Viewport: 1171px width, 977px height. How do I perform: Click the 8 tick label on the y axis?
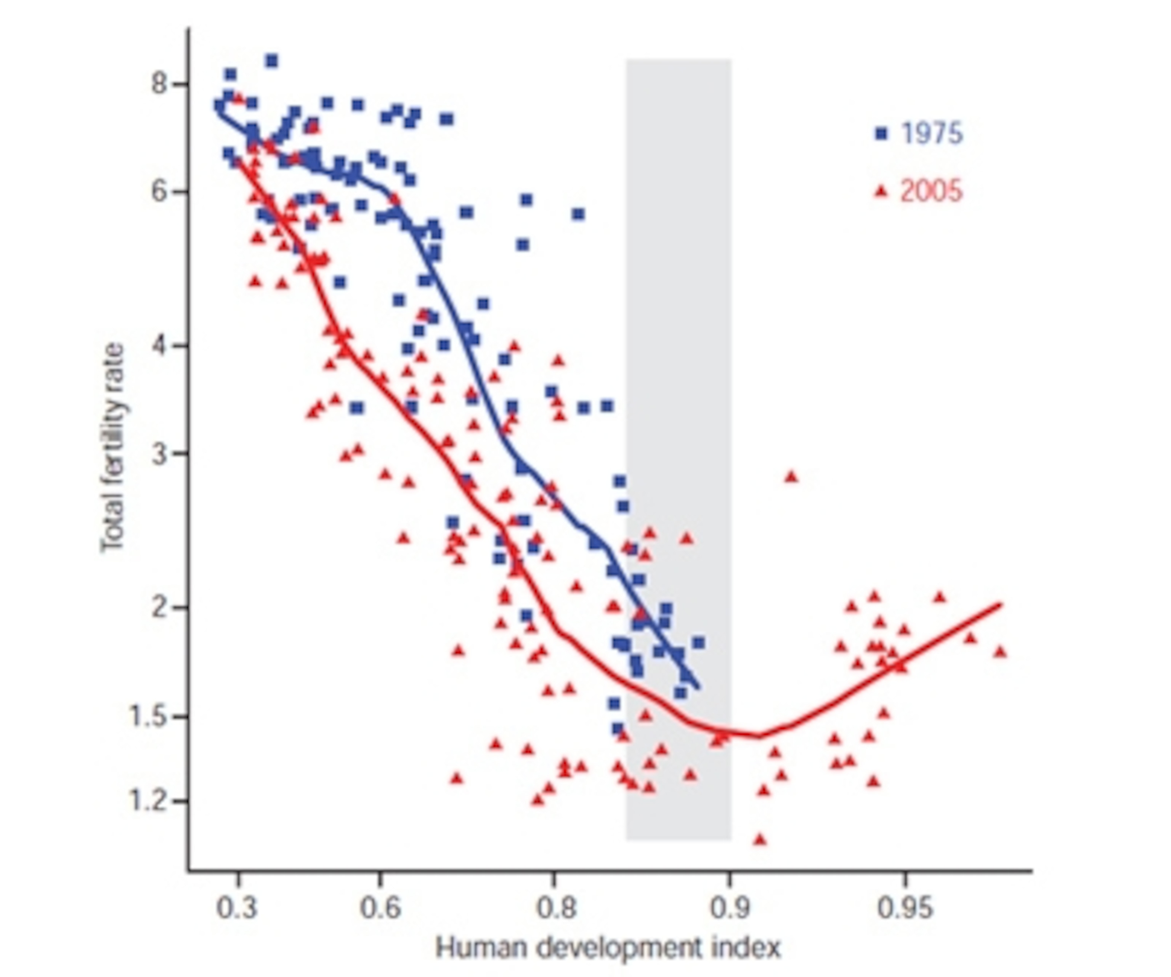tap(159, 84)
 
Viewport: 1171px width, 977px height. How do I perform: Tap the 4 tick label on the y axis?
tap(159, 345)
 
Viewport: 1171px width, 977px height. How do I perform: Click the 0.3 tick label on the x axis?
tap(237, 908)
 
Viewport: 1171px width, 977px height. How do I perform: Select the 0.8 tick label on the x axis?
tap(555, 908)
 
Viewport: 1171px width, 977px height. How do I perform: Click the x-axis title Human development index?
tap(608, 947)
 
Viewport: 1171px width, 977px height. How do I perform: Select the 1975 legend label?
tap(932, 134)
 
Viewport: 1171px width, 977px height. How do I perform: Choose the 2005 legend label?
tap(931, 192)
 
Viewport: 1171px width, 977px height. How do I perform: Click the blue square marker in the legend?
tap(881, 134)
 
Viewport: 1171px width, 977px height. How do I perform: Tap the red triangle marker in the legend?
tap(881, 192)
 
